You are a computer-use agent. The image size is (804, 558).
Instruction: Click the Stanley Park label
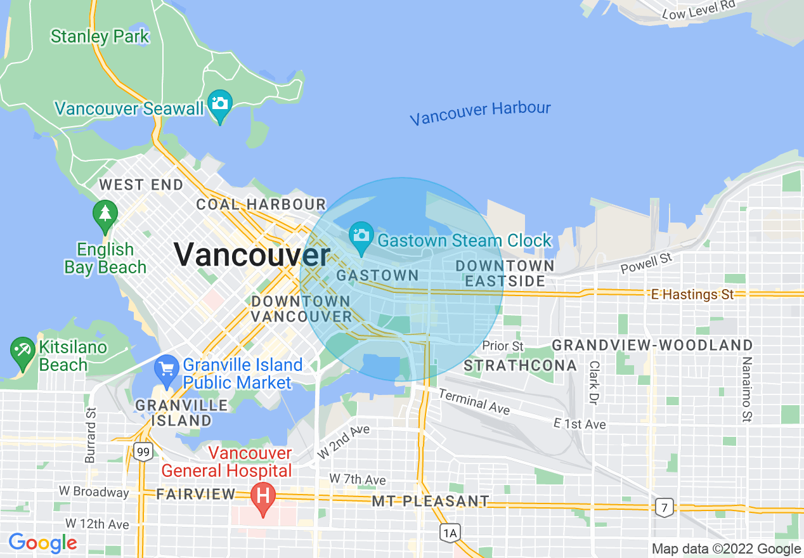coord(100,36)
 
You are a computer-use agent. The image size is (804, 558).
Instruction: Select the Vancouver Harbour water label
coord(480,113)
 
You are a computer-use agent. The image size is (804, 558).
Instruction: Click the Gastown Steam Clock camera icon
coord(361,237)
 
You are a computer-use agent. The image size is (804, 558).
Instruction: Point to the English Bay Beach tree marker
coord(105,216)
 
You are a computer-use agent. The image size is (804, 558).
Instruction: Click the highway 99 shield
coord(143,452)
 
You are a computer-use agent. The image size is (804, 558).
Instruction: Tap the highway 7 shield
coord(664,507)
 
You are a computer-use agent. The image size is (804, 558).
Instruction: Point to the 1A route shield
coord(450,533)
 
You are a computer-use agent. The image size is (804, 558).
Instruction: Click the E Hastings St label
coord(692,294)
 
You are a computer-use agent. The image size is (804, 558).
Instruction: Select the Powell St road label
coord(646,263)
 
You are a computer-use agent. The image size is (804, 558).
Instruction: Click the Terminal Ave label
coord(474,402)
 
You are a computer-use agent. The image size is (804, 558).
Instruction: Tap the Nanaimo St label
coord(748,389)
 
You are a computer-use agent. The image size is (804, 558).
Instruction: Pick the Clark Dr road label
coord(594,383)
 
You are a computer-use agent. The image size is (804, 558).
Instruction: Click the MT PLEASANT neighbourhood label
coord(431,502)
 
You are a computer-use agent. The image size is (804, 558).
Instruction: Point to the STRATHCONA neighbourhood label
coord(520,365)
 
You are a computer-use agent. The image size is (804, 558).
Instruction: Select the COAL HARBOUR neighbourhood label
coord(261,204)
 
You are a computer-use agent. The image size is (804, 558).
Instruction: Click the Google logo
coord(42,543)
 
